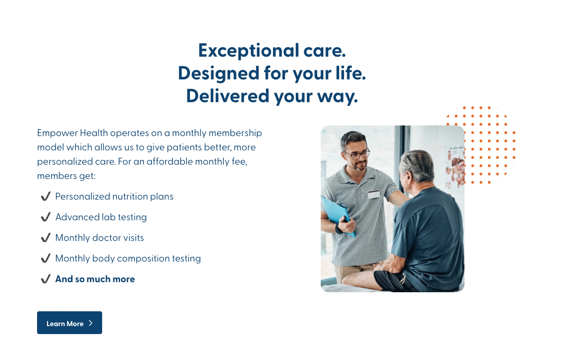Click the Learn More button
(x=69, y=323)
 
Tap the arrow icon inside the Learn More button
(x=90, y=323)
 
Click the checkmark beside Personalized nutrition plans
(x=46, y=196)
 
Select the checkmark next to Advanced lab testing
(x=46, y=217)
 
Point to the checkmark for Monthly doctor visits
(x=46, y=238)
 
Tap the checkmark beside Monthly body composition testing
(x=46, y=258)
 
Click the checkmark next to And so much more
(x=46, y=279)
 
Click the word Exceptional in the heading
(x=249, y=51)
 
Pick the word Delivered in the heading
(x=228, y=96)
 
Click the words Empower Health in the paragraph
(x=72, y=133)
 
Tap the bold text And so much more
(x=95, y=279)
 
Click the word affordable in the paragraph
(x=170, y=161)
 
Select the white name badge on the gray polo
(x=374, y=194)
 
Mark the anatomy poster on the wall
(x=455, y=167)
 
